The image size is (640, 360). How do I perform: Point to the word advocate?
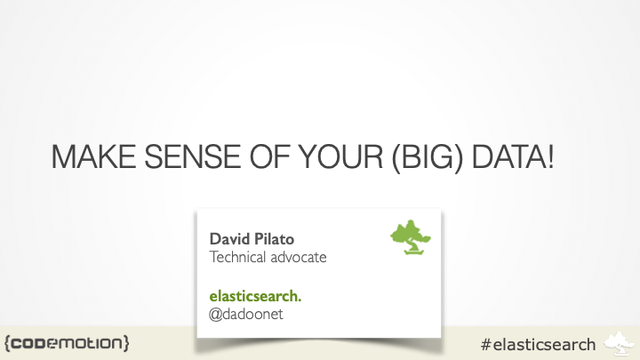[x=302, y=257]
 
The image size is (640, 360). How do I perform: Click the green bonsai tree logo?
[x=411, y=237]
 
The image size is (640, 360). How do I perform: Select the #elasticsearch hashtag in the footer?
[x=537, y=343]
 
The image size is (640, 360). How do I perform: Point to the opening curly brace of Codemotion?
[x=7, y=342]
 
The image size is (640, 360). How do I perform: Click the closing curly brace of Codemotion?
[x=127, y=342]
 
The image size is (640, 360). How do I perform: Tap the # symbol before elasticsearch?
[x=485, y=343]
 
